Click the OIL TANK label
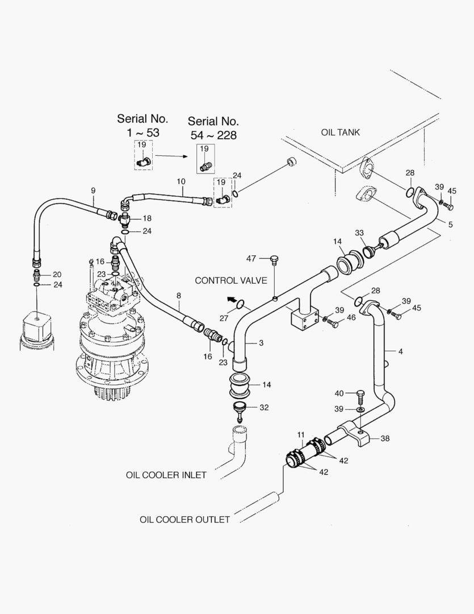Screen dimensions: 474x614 coord(340,132)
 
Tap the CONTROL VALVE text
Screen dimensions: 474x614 coord(230,280)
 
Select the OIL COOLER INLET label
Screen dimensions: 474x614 coord(166,475)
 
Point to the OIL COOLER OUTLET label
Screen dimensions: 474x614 coord(184,520)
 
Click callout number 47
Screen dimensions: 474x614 coord(251,259)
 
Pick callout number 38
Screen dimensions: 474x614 coord(385,438)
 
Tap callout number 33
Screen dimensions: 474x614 coord(359,233)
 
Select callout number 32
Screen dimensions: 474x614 coord(264,407)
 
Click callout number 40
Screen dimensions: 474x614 coord(339,393)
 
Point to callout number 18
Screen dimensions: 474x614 coord(147,218)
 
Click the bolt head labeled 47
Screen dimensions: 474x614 coord(275,259)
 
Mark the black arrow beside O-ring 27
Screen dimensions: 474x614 coord(232,300)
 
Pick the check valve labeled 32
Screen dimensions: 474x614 coord(240,410)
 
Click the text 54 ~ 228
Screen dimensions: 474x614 coord(213,135)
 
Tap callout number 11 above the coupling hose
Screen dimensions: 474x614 coord(301,435)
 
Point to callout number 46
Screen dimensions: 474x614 coord(351,317)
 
